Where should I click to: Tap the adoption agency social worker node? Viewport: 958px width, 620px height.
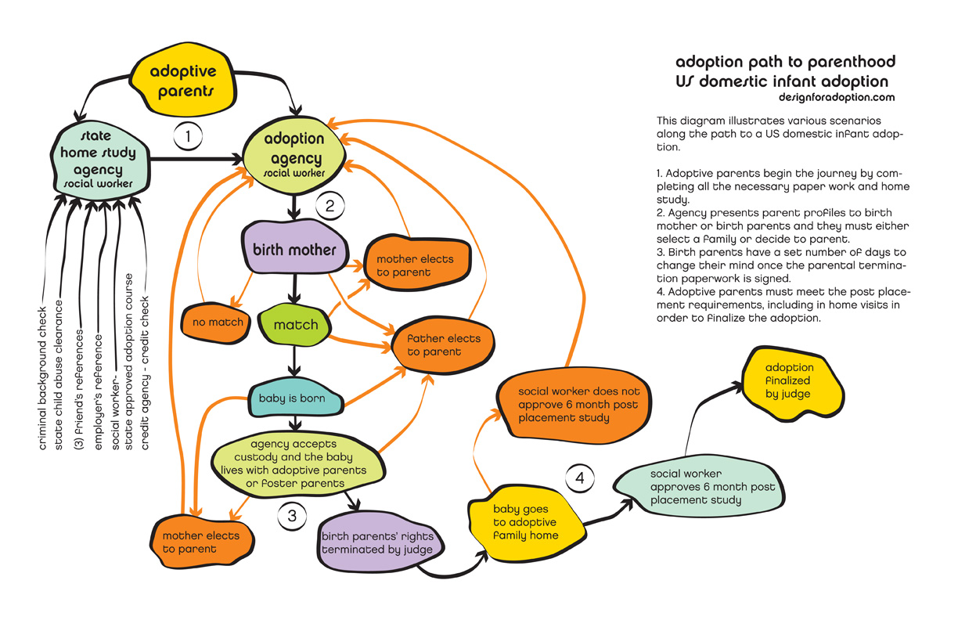pyautogui.click(x=294, y=153)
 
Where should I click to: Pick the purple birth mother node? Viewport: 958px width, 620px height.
pyautogui.click(x=294, y=251)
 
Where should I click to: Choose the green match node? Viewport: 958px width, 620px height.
pyautogui.click(x=296, y=324)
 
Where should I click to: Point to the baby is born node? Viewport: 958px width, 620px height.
pyautogui.click(x=292, y=398)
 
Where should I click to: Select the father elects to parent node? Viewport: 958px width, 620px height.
pyautogui.click(x=444, y=345)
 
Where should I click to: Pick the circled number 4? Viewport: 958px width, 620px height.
pyautogui.click(x=579, y=477)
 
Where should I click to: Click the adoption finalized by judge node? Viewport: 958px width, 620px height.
pyautogui.click(x=789, y=381)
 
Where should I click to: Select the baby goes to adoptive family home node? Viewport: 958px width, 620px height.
pyautogui.click(x=525, y=522)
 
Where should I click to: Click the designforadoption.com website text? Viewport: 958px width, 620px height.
pyautogui.click(x=836, y=98)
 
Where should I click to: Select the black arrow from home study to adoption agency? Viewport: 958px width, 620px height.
pyautogui.click(x=196, y=160)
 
